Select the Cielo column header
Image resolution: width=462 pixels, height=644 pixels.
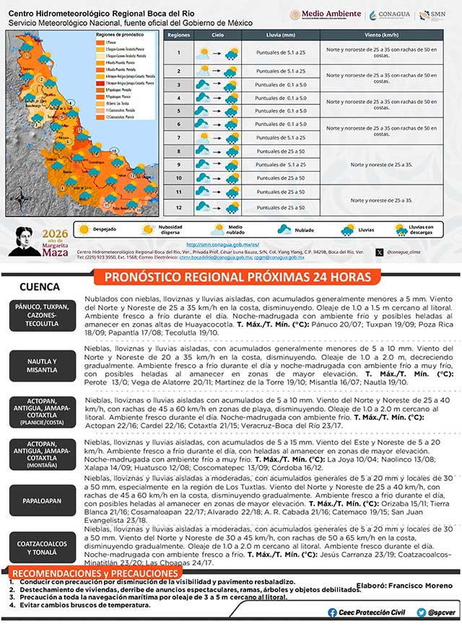click(x=217, y=35)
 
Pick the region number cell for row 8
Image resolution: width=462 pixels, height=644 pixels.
click(x=178, y=151)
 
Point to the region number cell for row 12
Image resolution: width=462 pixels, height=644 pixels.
click(x=178, y=207)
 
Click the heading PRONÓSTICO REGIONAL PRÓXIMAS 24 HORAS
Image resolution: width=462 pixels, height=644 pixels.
click(x=237, y=278)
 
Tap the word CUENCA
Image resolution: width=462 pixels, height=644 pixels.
click(x=40, y=286)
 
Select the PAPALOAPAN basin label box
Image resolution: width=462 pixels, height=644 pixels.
click(x=41, y=500)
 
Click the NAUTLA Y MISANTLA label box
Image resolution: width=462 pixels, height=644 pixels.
click(x=41, y=365)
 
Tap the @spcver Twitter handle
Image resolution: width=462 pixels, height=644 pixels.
click(x=440, y=612)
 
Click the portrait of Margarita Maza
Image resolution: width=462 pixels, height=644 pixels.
click(x=27, y=242)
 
